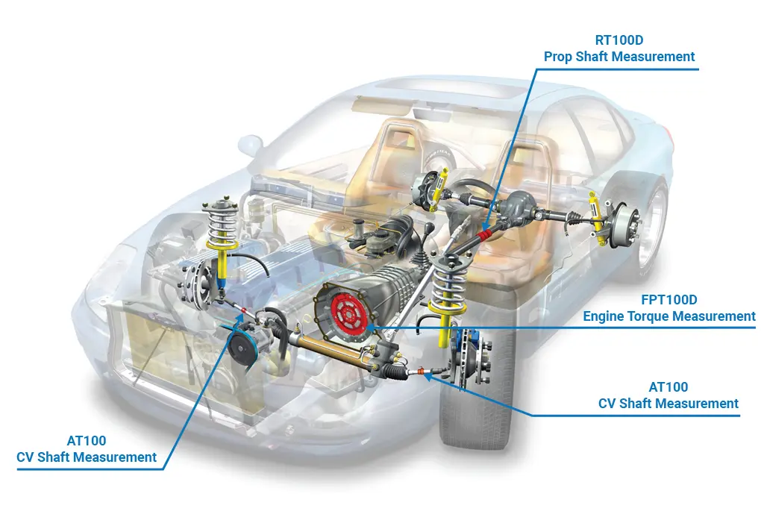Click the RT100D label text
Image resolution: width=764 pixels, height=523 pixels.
point(619,40)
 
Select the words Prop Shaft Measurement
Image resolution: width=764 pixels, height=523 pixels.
point(619,57)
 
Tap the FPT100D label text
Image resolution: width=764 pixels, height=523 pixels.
point(669,300)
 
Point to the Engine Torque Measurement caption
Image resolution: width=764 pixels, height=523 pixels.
point(669,316)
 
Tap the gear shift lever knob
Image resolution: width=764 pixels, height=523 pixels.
point(429,228)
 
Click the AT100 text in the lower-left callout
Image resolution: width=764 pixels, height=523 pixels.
point(87,441)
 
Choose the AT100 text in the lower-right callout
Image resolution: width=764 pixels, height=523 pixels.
point(668,387)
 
